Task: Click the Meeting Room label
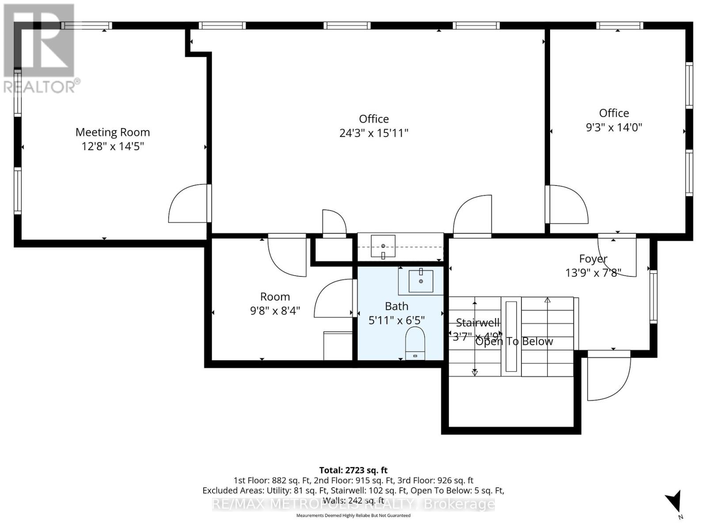(x=113, y=132)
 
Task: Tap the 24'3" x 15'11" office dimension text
(x=374, y=133)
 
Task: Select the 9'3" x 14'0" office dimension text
(x=614, y=127)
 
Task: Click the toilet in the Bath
(x=415, y=343)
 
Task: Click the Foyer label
(x=593, y=258)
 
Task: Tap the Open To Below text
(x=514, y=341)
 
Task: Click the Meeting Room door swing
(x=188, y=204)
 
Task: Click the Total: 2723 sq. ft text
(x=353, y=470)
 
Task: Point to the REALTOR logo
(x=39, y=49)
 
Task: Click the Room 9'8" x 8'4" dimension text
(x=275, y=311)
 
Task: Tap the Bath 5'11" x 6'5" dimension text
(x=396, y=320)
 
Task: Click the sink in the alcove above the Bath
(x=383, y=246)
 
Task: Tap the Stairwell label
(x=477, y=322)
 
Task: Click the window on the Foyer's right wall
(x=653, y=296)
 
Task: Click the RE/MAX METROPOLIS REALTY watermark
(x=353, y=504)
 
